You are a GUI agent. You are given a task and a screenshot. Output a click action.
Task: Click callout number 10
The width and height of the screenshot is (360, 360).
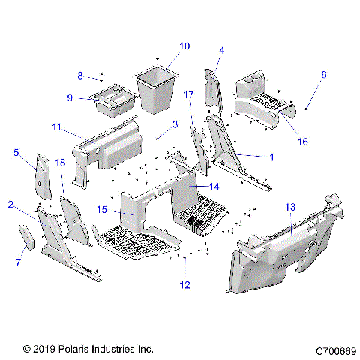point(184,46)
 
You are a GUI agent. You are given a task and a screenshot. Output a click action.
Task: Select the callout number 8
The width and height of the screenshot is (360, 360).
point(80,75)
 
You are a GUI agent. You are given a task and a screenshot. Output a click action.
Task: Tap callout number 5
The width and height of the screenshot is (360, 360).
point(16,152)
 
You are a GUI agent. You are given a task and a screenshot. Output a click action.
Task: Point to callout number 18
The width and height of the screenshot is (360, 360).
point(59,163)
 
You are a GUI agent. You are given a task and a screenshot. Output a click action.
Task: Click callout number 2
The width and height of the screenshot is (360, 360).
point(10,204)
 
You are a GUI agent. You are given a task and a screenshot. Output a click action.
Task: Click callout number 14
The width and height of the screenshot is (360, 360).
point(214,187)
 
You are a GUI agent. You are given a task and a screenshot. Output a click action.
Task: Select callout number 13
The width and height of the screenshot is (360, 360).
point(290,205)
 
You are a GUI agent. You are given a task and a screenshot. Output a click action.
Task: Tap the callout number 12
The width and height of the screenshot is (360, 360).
point(184,285)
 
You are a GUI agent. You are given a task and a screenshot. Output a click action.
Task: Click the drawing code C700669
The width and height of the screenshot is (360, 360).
point(335,349)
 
